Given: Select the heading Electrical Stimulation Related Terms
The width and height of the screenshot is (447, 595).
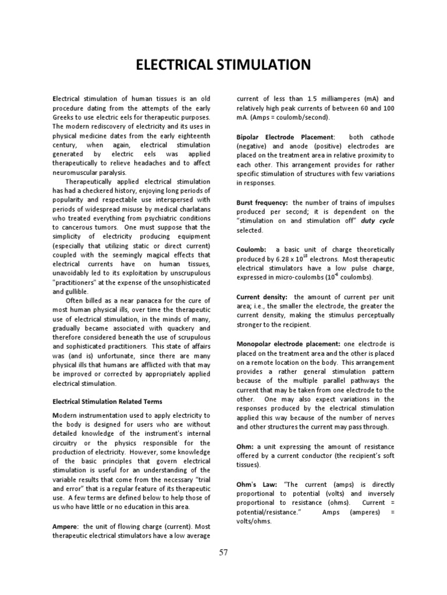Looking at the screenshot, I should pyautogui.click(x=108, y=402).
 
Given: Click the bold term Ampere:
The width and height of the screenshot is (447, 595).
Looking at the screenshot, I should pyautogui.click(x=66, y=525).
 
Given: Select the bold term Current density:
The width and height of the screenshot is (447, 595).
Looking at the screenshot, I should pyautogui.click(x=262, y=296).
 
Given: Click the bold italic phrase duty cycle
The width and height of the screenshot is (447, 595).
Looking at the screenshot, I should pyautogui.click(x=377, y=221).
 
